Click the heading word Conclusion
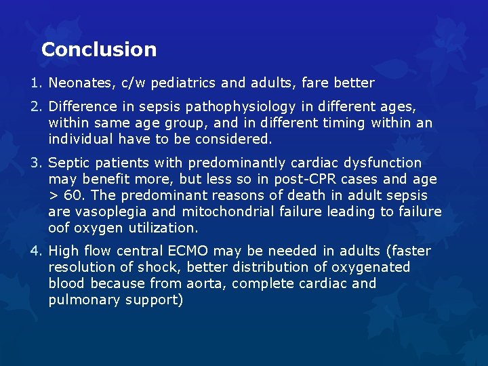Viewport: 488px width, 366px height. click(x=99, y=49)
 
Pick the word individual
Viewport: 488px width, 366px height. click(x=79, y=140)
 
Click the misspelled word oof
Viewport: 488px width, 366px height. click(x=60, y=228)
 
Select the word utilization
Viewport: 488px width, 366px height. click(x=161, y=228)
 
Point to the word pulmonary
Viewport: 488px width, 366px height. click(x=84, y=300)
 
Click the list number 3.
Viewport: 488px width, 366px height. click(x=34, y=163)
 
